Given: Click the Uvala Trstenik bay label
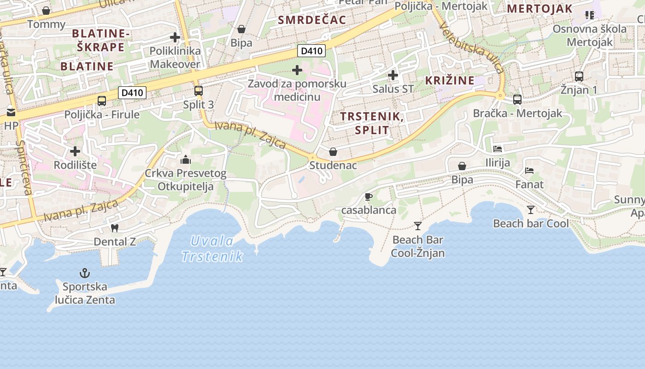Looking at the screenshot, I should pyautogui.click(x=212, y=249).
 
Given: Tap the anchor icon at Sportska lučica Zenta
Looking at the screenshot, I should pyautogui.click(x=84, y=273).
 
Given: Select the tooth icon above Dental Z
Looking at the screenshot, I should pyautogui.click(x=115, y=228).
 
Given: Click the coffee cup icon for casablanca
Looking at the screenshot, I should pyautogui.click(x=368, y=197).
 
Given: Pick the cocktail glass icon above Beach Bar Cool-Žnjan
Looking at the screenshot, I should pyautogui.click(x=418, y=226).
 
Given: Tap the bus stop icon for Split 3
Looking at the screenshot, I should pyautogui.click(x=199, y=91).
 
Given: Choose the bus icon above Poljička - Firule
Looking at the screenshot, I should pyautogui.click(x=102, y=101).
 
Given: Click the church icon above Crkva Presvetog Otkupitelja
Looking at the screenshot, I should pyautogui.click(x=186, y=160).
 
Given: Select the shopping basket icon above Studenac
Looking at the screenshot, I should pyautogui.click(x=333, y=151).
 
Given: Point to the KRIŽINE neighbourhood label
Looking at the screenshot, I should pyautogui.click(x=450, y=80).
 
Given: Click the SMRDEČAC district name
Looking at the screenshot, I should pyautogui.click(x=312, y=19).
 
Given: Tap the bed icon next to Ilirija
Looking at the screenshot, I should pyautogui.click(x=498, y=149).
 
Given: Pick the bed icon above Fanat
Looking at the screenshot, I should pyautogui.click(x=529, y=171).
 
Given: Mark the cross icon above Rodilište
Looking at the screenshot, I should pyautogui.click(x=75, y=151).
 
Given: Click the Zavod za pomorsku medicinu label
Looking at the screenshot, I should pyautogui.click(x=297, y=90).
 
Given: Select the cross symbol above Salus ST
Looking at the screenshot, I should pyautogui.click(x=393, y=75).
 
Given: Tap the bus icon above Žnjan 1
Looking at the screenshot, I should pyautogui.click(x=579, y=76).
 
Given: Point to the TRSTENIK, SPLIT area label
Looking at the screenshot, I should pyautogui.click(x=372, y=123).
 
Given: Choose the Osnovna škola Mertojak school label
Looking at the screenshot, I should pyautogui.click(x=590, y=36).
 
